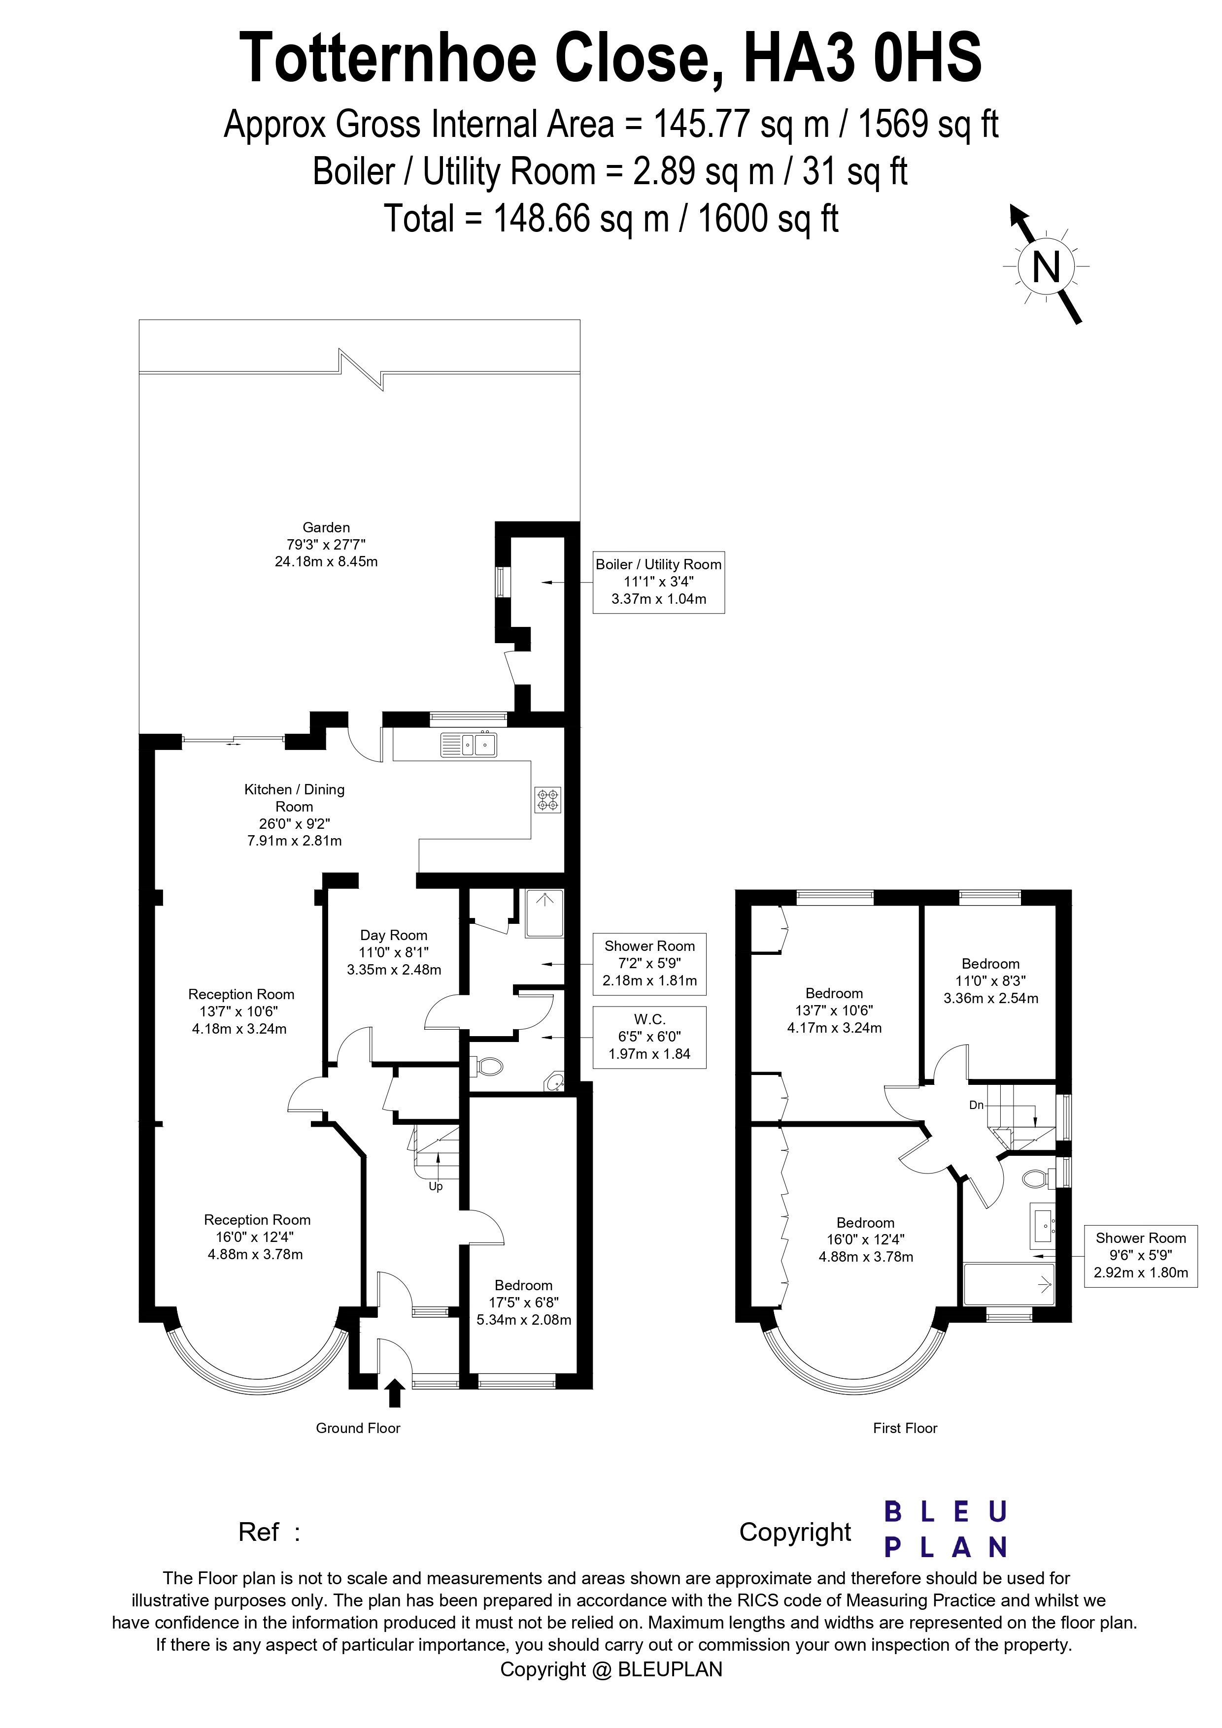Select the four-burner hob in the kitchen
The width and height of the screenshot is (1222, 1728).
click(x=547, y=799)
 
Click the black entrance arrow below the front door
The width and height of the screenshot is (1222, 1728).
click(x=394, y=1393)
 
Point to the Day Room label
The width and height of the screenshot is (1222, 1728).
click(x=394, y=952)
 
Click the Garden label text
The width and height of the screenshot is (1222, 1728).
click(x=326, y=544)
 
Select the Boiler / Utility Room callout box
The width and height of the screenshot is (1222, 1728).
click(x=659, y=582)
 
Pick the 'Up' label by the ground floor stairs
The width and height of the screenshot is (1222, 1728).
click(x=435, y=1187)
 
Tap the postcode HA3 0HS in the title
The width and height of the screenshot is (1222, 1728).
click(x=863, y=59)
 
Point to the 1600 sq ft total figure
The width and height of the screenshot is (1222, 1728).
click(x=768, y=219)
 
